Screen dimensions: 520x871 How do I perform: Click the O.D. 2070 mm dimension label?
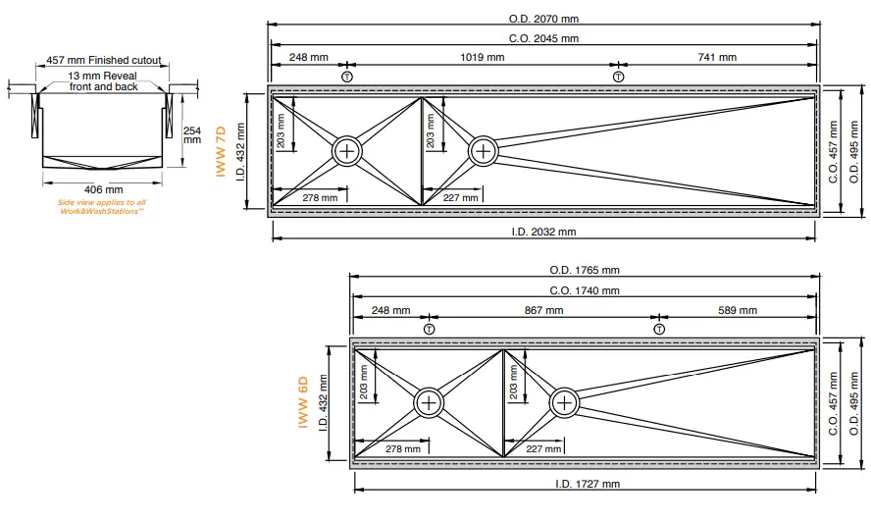pyautogui.click(x=542, y=19)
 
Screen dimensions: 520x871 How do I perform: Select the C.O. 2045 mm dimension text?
pyautogui.click(x=542, y=38)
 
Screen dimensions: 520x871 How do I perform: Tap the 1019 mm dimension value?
pyautogui.click(x=483, y=58)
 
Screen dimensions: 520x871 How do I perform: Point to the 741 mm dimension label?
pyautogui.click(x=717, y=58)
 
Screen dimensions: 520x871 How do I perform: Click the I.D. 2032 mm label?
pyautogui.click(x=542, y=232)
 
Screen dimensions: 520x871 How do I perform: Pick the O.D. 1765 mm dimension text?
pyautogui.click(x=585, y=271)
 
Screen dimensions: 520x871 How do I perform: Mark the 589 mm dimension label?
pyautogui.click(x=737, y=310)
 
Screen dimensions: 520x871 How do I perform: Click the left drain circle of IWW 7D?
pyautogui.click(x=347, y=151)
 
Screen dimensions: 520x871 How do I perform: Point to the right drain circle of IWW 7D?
pyautogui.click(x=483, y=151)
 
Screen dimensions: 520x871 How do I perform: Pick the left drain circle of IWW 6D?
pyautogui.click(x=430, y=402)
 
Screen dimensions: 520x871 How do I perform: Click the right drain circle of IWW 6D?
pyautogui.click(x=564, y=402)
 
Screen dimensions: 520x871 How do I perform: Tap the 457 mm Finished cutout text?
pyautogui.click(x=104, y=61)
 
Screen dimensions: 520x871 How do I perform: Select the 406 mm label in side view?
pyautogui.click(x=104, y=189)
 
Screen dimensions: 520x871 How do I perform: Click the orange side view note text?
pyautogui.click(x=102, y=206)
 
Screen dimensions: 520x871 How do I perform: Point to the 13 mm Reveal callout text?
pyautogui.click(x=104, y=80)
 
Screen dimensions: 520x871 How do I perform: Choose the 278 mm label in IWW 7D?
pyautogui.click(x=320, y=198)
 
